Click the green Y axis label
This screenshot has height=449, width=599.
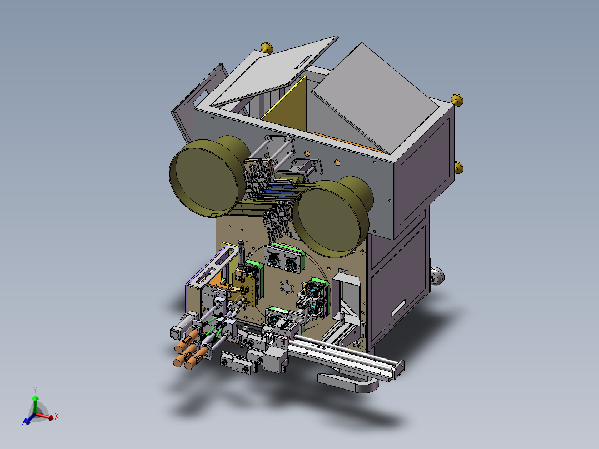(35, 390)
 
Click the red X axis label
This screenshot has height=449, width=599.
(57, 417)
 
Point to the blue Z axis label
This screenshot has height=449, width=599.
(24, 422)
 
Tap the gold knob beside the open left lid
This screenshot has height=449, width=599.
(267, 48)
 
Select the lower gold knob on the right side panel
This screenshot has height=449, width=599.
(458, 167)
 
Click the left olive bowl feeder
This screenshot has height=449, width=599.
(208, 176)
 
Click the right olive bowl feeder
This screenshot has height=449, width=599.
(332, 217)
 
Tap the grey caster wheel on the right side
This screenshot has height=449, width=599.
(436, 276)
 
